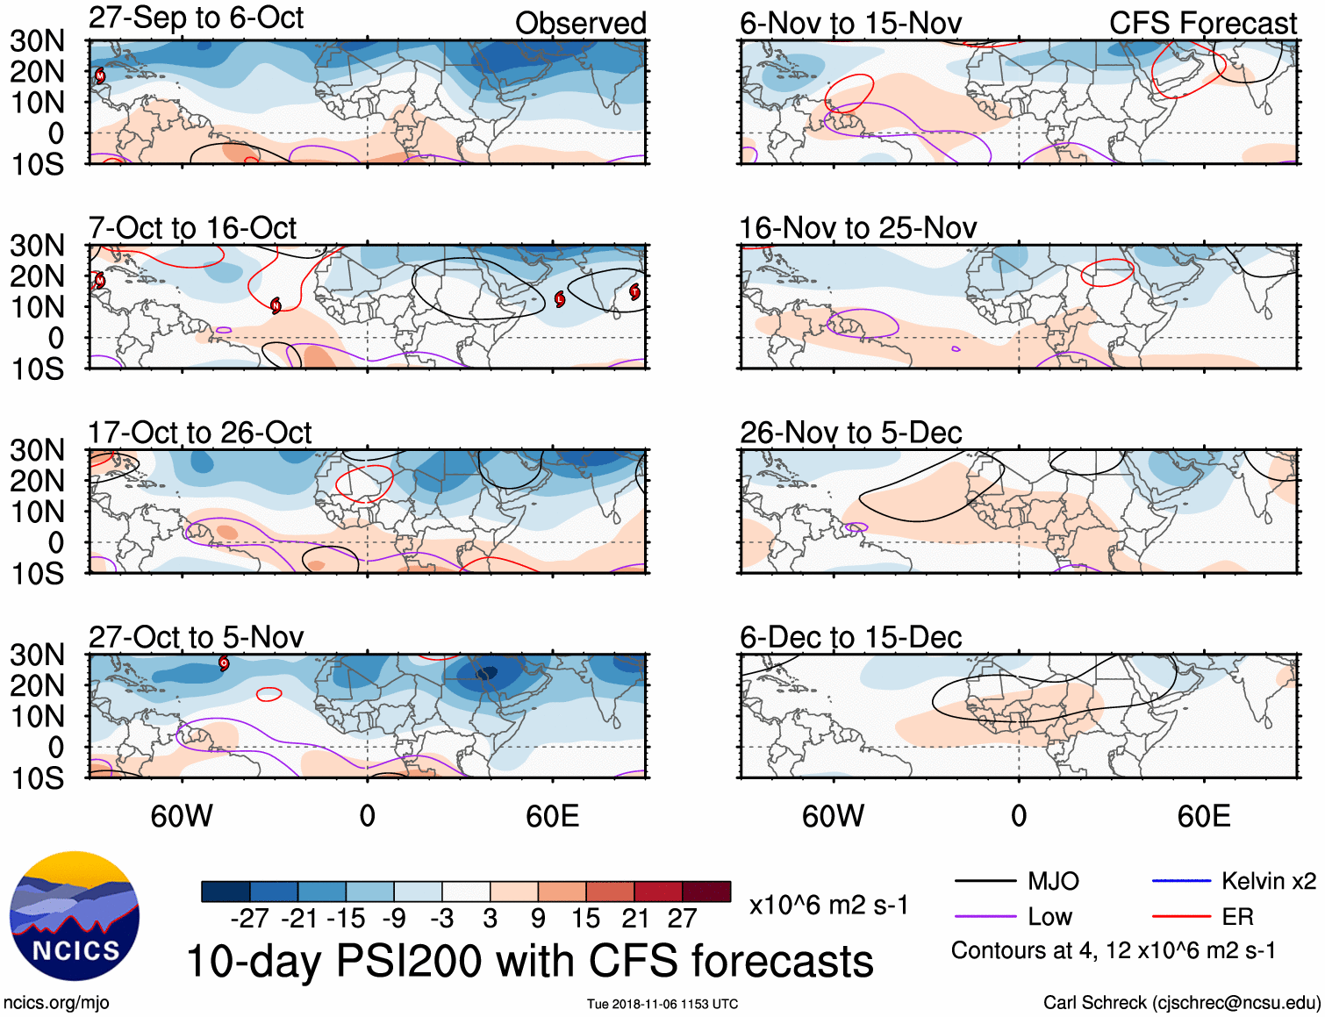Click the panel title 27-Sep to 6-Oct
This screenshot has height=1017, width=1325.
196,18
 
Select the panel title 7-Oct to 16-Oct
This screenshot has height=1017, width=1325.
192,228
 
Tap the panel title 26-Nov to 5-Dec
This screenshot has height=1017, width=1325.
850,433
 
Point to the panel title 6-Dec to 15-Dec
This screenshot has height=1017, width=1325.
850,637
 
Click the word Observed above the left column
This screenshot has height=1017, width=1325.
580,24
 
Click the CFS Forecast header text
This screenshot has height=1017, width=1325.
1202,24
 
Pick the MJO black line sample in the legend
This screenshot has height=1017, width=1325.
985,881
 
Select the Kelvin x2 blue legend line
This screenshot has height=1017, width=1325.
1181,881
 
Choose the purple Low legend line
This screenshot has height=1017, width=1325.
985,917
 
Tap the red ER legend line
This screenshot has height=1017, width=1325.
1181,917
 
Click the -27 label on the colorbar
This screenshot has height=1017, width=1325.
249,919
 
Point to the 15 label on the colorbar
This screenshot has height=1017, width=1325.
585,919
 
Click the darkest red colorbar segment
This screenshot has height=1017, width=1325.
706,892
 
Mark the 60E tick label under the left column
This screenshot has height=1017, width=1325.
552,816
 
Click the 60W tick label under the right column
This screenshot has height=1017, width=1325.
833,816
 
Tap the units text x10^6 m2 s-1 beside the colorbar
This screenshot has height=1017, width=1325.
828,905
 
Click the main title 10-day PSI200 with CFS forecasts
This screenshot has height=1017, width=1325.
530,961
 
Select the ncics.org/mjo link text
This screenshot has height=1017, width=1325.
56,1002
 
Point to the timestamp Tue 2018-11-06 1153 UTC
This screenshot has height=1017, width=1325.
662,1004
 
